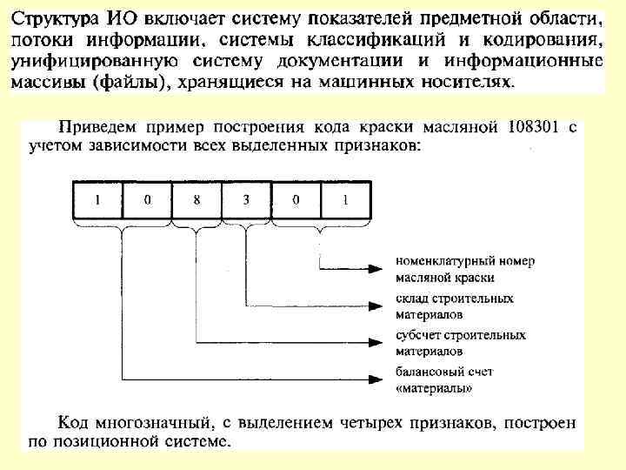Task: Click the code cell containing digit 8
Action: click(x=197, y=199)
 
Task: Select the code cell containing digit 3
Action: click(x=247, y=199)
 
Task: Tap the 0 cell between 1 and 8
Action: click(x=148, y=199)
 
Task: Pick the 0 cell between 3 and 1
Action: click(x=296, y=199)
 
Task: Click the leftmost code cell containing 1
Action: click(x=97, y=199)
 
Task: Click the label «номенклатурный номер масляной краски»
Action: click(x=465, y=269)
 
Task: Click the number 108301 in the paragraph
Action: click(x=532, y=127)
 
